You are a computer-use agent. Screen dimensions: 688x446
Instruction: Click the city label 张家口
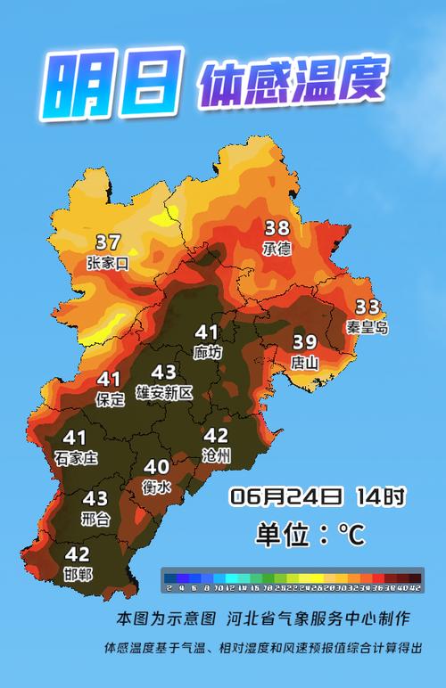[108, 263]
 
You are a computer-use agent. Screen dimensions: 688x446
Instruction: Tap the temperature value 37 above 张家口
[108, 242]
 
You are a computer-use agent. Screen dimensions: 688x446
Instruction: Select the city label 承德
[277, 249]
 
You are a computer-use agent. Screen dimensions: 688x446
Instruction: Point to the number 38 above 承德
[277, 228]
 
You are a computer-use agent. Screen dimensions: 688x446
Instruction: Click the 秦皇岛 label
[368, 327]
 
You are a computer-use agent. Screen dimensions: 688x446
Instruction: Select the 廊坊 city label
[208, 352]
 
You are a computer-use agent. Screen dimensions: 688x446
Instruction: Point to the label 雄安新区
[164, 392]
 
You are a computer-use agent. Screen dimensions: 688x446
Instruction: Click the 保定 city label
[111, 400]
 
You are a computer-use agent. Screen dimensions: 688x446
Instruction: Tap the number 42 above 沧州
[217, 436]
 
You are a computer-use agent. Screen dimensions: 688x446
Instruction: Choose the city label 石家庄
[75, 457]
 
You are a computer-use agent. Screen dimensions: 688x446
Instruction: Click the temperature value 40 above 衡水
[157, 466]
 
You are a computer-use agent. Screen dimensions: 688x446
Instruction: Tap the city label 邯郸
[78, 574]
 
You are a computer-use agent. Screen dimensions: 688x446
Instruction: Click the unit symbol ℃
[351, 535]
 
